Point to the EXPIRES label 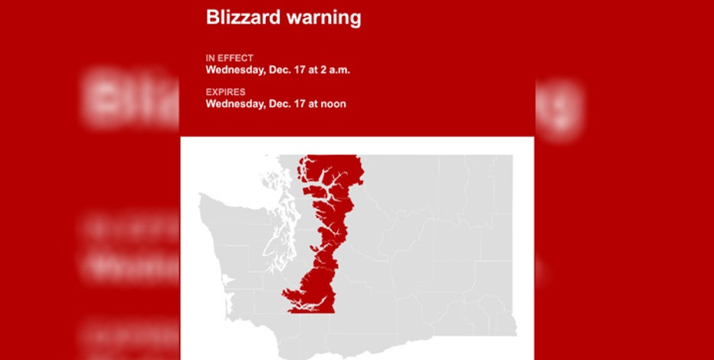point(224,92)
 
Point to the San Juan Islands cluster point(272,184)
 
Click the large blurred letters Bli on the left point(130,100)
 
